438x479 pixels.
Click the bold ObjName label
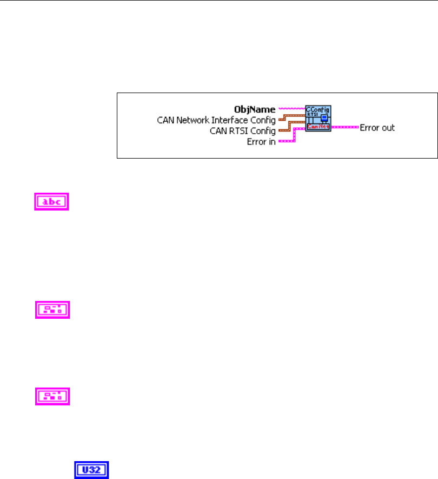point(255,109)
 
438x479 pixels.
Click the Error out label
point(377,128)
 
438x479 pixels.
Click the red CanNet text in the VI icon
point(318,127)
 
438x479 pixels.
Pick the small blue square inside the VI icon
point(324,117)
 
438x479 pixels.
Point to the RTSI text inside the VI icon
point(311,115)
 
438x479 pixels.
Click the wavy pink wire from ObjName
point(292,109)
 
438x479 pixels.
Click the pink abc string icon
point(51,202)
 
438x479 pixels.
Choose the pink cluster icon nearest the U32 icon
point(52,396)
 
